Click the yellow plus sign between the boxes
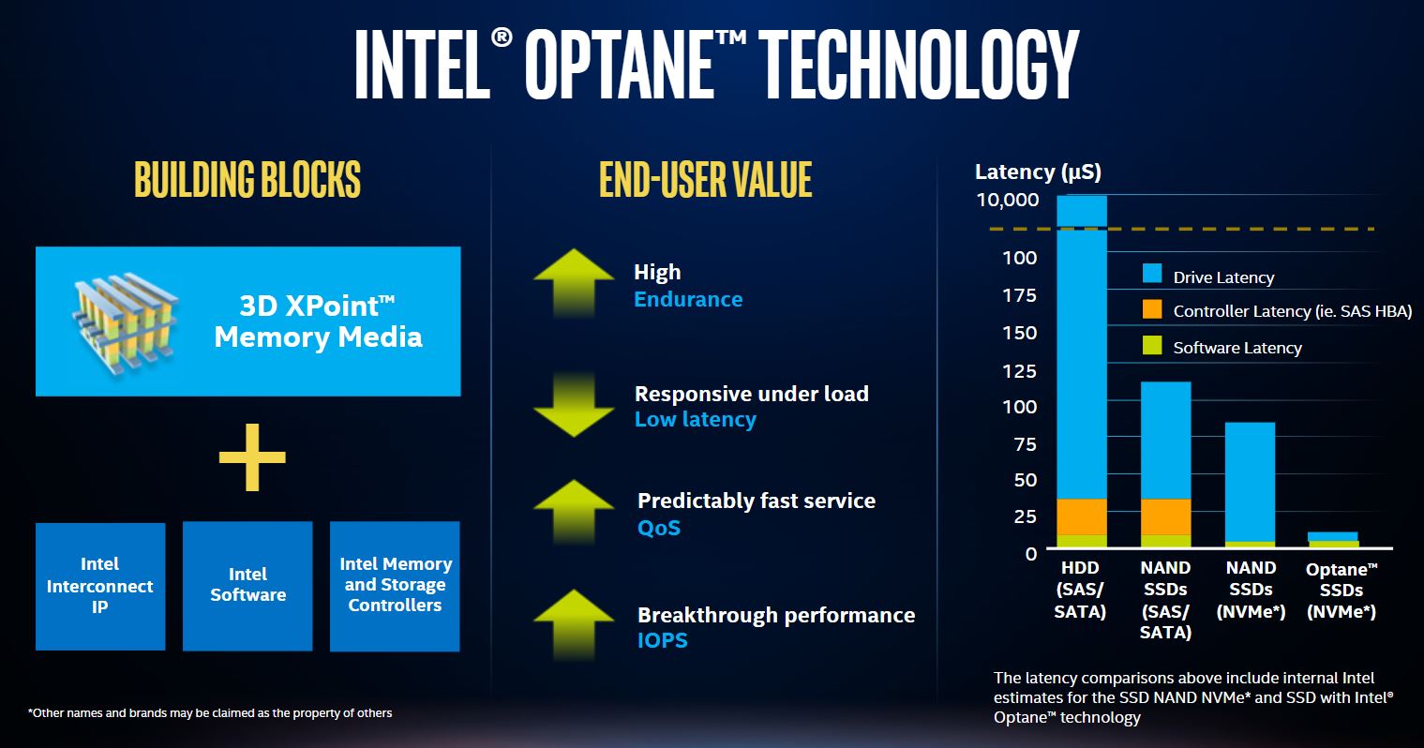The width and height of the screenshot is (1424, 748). tap(251, 457)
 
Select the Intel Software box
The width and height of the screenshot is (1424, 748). tap(247, 586)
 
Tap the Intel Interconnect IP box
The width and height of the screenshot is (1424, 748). tap(100, 586)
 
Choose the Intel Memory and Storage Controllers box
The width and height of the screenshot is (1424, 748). tap(395, 586)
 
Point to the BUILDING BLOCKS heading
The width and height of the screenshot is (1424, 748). tap(247, 180)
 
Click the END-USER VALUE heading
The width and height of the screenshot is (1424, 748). tap(705, 180)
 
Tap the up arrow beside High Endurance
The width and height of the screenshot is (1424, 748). tap(573, 284)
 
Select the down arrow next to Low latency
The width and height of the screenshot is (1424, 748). tap(573, 405)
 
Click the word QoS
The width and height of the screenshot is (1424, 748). tap(659, 528)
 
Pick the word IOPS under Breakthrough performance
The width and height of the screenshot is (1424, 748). tap(662, 640)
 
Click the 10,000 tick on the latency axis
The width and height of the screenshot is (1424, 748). tap(1008, 200)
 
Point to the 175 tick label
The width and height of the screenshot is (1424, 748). tap(1019, 295)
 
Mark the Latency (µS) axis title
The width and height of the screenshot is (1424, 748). tap(1038, 172)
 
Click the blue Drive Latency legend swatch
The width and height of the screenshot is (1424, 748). tap(1152, 274)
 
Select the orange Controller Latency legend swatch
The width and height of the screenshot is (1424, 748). tap(1152, 309)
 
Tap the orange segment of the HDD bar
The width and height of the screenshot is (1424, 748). tap(1082, 516)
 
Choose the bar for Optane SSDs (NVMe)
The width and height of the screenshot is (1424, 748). tap(1333, 539)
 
